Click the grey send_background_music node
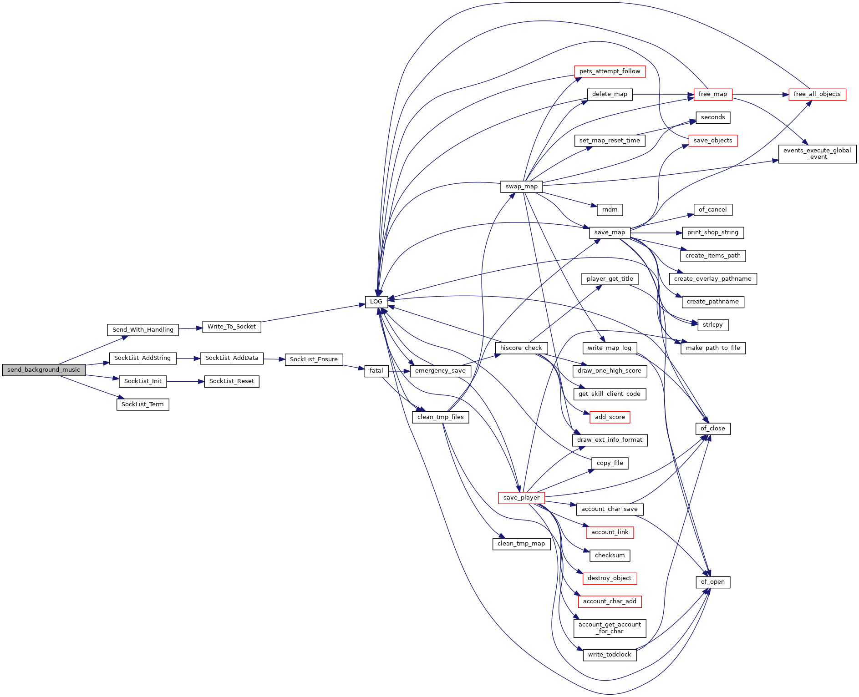click(x=44, y=370)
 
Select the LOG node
click(x=376, y=302)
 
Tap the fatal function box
click(x=376, y=371)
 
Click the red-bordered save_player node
click(x=521, y=498)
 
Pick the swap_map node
click(x=521, y=187)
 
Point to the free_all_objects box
click(x=817, y=94)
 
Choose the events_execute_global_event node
click(x=817, y=154)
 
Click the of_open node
click(x=713, y=582)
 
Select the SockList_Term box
click(x=142, y=404)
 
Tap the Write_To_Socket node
click(x=232, y=327)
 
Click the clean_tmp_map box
click(x=521, y=544)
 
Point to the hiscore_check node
click(x=521, y=348)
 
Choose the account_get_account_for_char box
click(x=610, y=628)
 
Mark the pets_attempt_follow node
click(x=610, y=71)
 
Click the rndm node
click(x=610, y=210)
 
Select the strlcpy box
click(x=713, y=325)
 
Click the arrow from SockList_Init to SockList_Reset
click(x=185, y=382)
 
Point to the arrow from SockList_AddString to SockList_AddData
click(x=188, y=359)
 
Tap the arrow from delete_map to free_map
click(x=663, y=95)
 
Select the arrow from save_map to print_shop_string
click(x=656, y=233)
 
